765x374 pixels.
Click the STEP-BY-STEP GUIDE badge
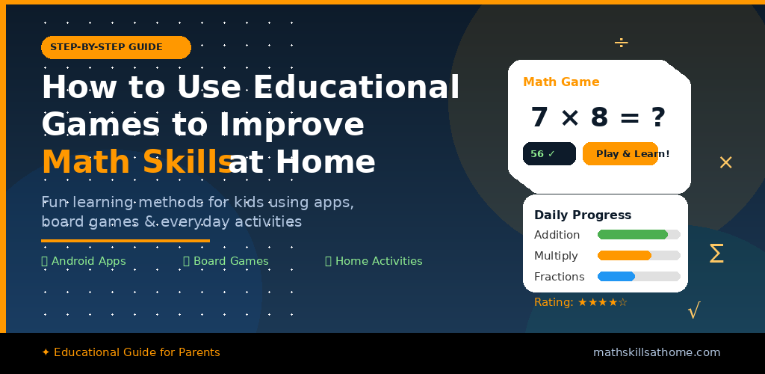(116, 47)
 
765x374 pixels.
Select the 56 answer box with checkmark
(549, 154)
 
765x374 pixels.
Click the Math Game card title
(561, 82)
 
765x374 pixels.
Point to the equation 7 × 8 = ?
(598, 117)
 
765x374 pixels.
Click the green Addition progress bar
(633, 235)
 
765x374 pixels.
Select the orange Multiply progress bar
(625, 256)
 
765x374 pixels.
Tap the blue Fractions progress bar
(616, 277)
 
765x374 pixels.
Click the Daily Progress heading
(583, 215)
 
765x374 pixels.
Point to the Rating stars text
(580, 302)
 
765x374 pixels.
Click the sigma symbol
(716, 254)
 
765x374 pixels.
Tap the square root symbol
(694, 310)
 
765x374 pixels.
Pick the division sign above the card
(621, 43)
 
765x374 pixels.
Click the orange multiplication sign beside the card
(725, 162)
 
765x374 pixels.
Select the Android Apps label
(84, 261)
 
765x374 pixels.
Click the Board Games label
(226, 261)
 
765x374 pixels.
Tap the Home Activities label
(374, 261)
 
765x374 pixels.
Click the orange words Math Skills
(135, 162)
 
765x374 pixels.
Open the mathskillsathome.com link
(657, 352)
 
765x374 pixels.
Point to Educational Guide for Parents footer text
(131, 352)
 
